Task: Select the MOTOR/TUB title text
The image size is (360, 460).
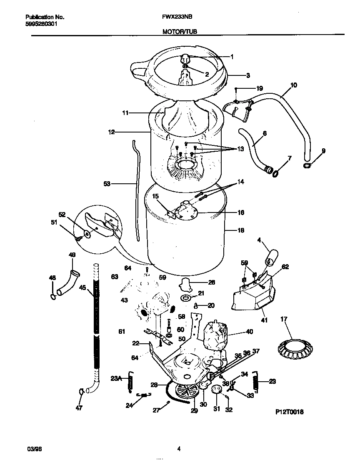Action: click(x=180, y=31)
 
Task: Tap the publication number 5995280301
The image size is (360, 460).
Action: click(x=41, y=24)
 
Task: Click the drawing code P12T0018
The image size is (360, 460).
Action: click(x=289, y=412)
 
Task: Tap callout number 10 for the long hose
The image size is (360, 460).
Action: click(x=293, y=85)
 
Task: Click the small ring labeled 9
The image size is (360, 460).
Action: click(x=307, y=166)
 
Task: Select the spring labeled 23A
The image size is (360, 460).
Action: click(x=130, y=382)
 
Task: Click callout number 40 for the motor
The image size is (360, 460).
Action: click(x=249, y=332)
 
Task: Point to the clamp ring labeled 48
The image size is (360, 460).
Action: click(x=52, y=296)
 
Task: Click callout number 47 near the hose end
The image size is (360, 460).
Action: click(x=79, y=408)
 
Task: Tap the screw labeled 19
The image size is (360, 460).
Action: click(x=236, y=90)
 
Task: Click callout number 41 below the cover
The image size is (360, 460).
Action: click(x=264, y=320)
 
